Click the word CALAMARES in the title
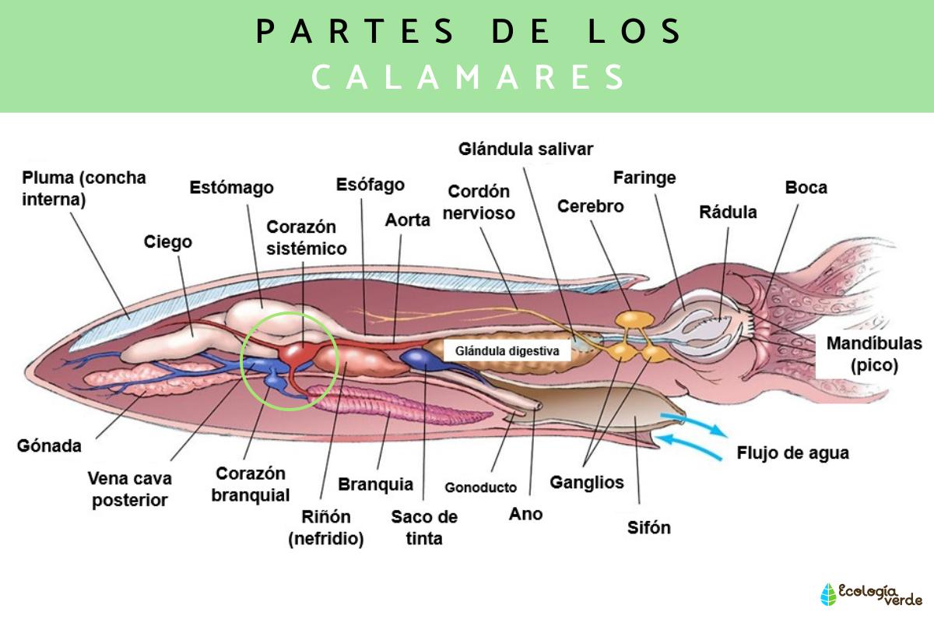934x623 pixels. (469, 77)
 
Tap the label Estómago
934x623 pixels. (232, 188)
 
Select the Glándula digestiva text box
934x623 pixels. (507, 351)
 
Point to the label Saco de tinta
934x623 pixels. (424, 527)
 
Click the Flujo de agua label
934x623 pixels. (792, 453)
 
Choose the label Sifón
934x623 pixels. (648, 527)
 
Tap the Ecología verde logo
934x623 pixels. (871, 594)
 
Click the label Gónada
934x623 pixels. (49, 446)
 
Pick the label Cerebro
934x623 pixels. (591, 206)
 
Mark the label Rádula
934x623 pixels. (728, 212)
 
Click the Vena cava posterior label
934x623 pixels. (130, 489)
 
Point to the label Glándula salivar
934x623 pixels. (526, 149)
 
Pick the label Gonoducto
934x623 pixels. (480, 487)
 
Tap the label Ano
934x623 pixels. (525, 514)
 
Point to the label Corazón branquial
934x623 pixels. (250, 484)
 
